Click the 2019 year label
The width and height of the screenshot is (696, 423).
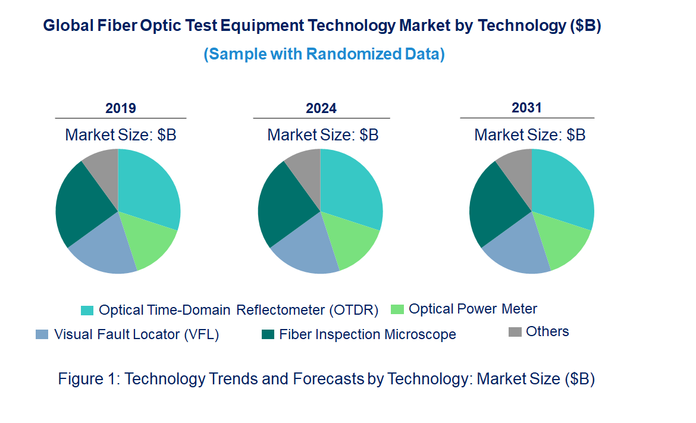pos(121,108)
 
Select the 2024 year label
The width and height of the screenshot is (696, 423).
pos(321,108)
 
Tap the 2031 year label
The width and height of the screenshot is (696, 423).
pos(527,108)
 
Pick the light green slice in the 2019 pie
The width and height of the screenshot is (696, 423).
pos(150,241)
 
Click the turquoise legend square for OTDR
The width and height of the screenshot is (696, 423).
pos(87,311)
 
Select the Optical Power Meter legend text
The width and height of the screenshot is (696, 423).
pos(473,309)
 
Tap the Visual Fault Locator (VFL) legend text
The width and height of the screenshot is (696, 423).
pos(137,334)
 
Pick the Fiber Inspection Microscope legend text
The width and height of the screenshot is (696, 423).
pos(368,334)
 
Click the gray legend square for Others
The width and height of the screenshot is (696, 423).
pos(515,332)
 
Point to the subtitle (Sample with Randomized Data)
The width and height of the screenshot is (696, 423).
pos(324,54)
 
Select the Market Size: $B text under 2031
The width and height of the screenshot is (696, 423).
pos(529,135)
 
